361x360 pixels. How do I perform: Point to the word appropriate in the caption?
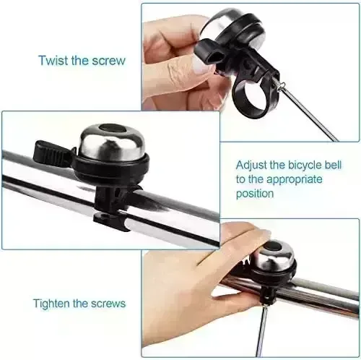(x=295, y=180)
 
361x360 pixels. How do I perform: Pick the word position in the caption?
(x=255, y=194)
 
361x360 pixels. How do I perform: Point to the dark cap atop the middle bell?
(x=112, y=127)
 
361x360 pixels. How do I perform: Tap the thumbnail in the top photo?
(x=201, y=66)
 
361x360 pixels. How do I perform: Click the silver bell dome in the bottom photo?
(x=277, y=254)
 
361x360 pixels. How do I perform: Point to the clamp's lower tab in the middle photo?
(x=110, y=221)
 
